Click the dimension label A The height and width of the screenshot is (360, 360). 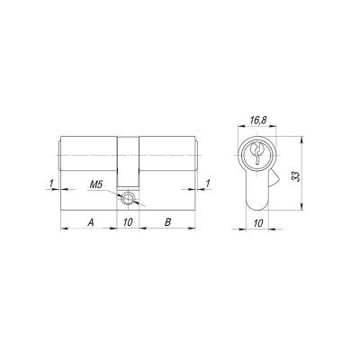pos(89,220)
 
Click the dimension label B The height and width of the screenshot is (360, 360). pos(166,220)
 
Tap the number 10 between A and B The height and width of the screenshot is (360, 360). pos(128,220)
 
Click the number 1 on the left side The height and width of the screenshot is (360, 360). pos(52,185)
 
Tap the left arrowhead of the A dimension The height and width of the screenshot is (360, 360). pos(63,229)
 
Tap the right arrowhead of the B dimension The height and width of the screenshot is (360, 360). pos(194,229)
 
